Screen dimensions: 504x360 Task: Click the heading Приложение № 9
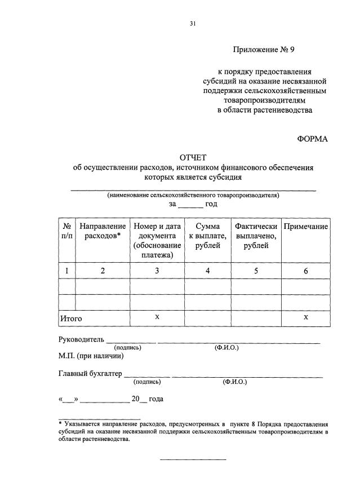click(x=264, y=50)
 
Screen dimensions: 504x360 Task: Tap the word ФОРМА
click(x=313, y=139)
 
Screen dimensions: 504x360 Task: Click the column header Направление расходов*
click(x=103, y=231)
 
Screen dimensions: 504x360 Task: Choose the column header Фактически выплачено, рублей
click(x=256, y=236)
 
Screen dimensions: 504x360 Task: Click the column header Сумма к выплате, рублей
click(x=207, y=236)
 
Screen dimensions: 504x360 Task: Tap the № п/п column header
click(x=66, y=231)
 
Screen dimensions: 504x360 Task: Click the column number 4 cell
click(x=207, y=271)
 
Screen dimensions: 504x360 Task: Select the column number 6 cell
click(x=306, y=271)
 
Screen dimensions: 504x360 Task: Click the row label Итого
click(x=71, y=319)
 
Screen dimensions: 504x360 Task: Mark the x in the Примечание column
click(x=306, y=317)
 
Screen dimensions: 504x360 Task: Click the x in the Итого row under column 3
click(x=157, y=317)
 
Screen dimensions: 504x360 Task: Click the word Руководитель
click(x=81, y=340)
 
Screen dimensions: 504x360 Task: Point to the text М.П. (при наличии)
click(x=91, y=356)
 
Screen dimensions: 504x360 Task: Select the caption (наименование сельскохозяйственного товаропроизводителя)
click(x=193, y=195)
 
